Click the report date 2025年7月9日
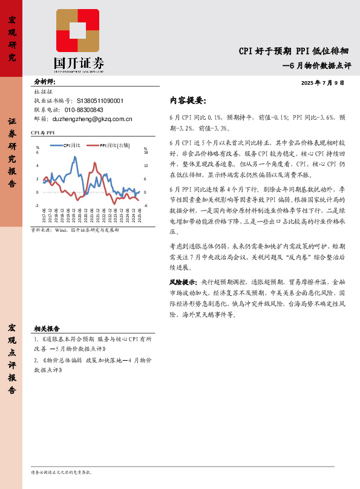(322, 82)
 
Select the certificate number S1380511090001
(100, 100)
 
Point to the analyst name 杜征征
(44, 91)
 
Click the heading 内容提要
(188, 100)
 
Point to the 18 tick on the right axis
(145, 152)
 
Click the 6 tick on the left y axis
(38, 152)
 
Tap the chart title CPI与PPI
(43, 132)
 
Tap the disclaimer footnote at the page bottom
(61, 471)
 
